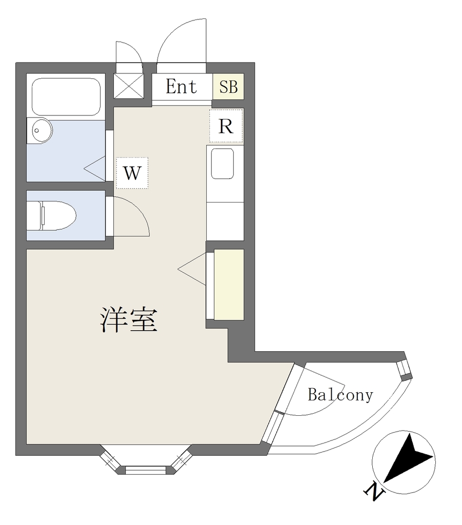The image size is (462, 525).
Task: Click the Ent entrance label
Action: point(182,87)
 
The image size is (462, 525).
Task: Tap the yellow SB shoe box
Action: point(229,87)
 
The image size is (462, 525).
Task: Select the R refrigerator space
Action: point(226,126)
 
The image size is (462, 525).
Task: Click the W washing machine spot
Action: point(132,173)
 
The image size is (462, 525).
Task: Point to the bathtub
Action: point(65,97)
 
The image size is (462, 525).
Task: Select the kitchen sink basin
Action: point(223,164)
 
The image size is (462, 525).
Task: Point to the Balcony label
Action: point(340,395)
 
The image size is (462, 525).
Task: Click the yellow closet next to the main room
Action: point(229,285)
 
